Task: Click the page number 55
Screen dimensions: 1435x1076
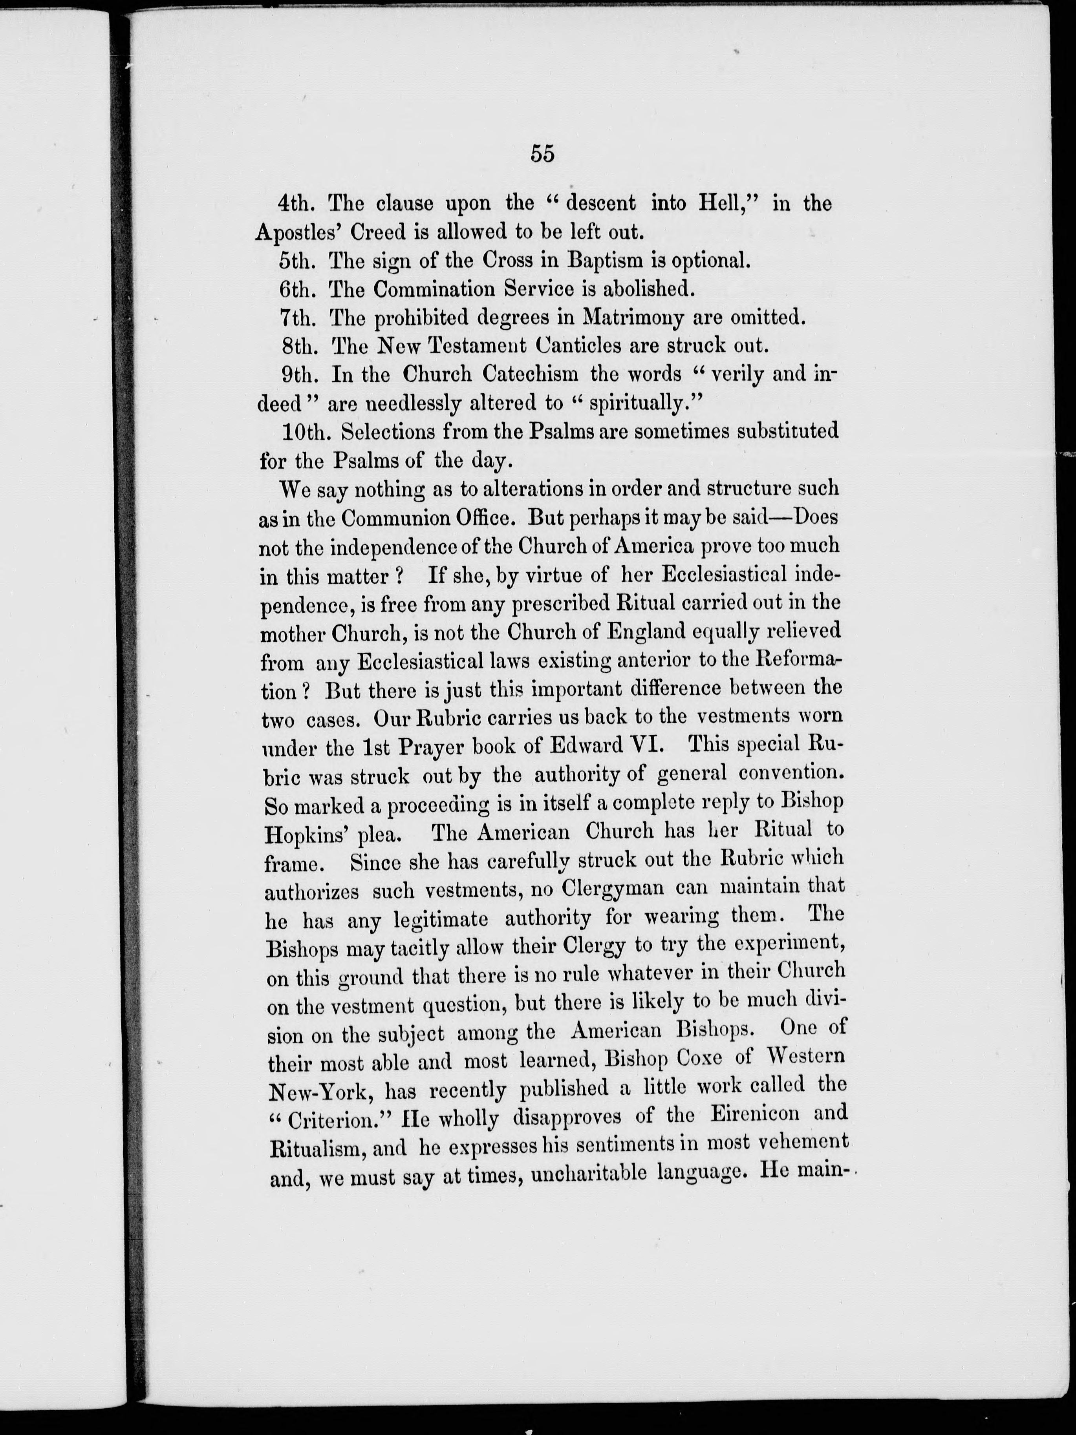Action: click(543, 154)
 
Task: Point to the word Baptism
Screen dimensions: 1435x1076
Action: click(606, 261)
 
